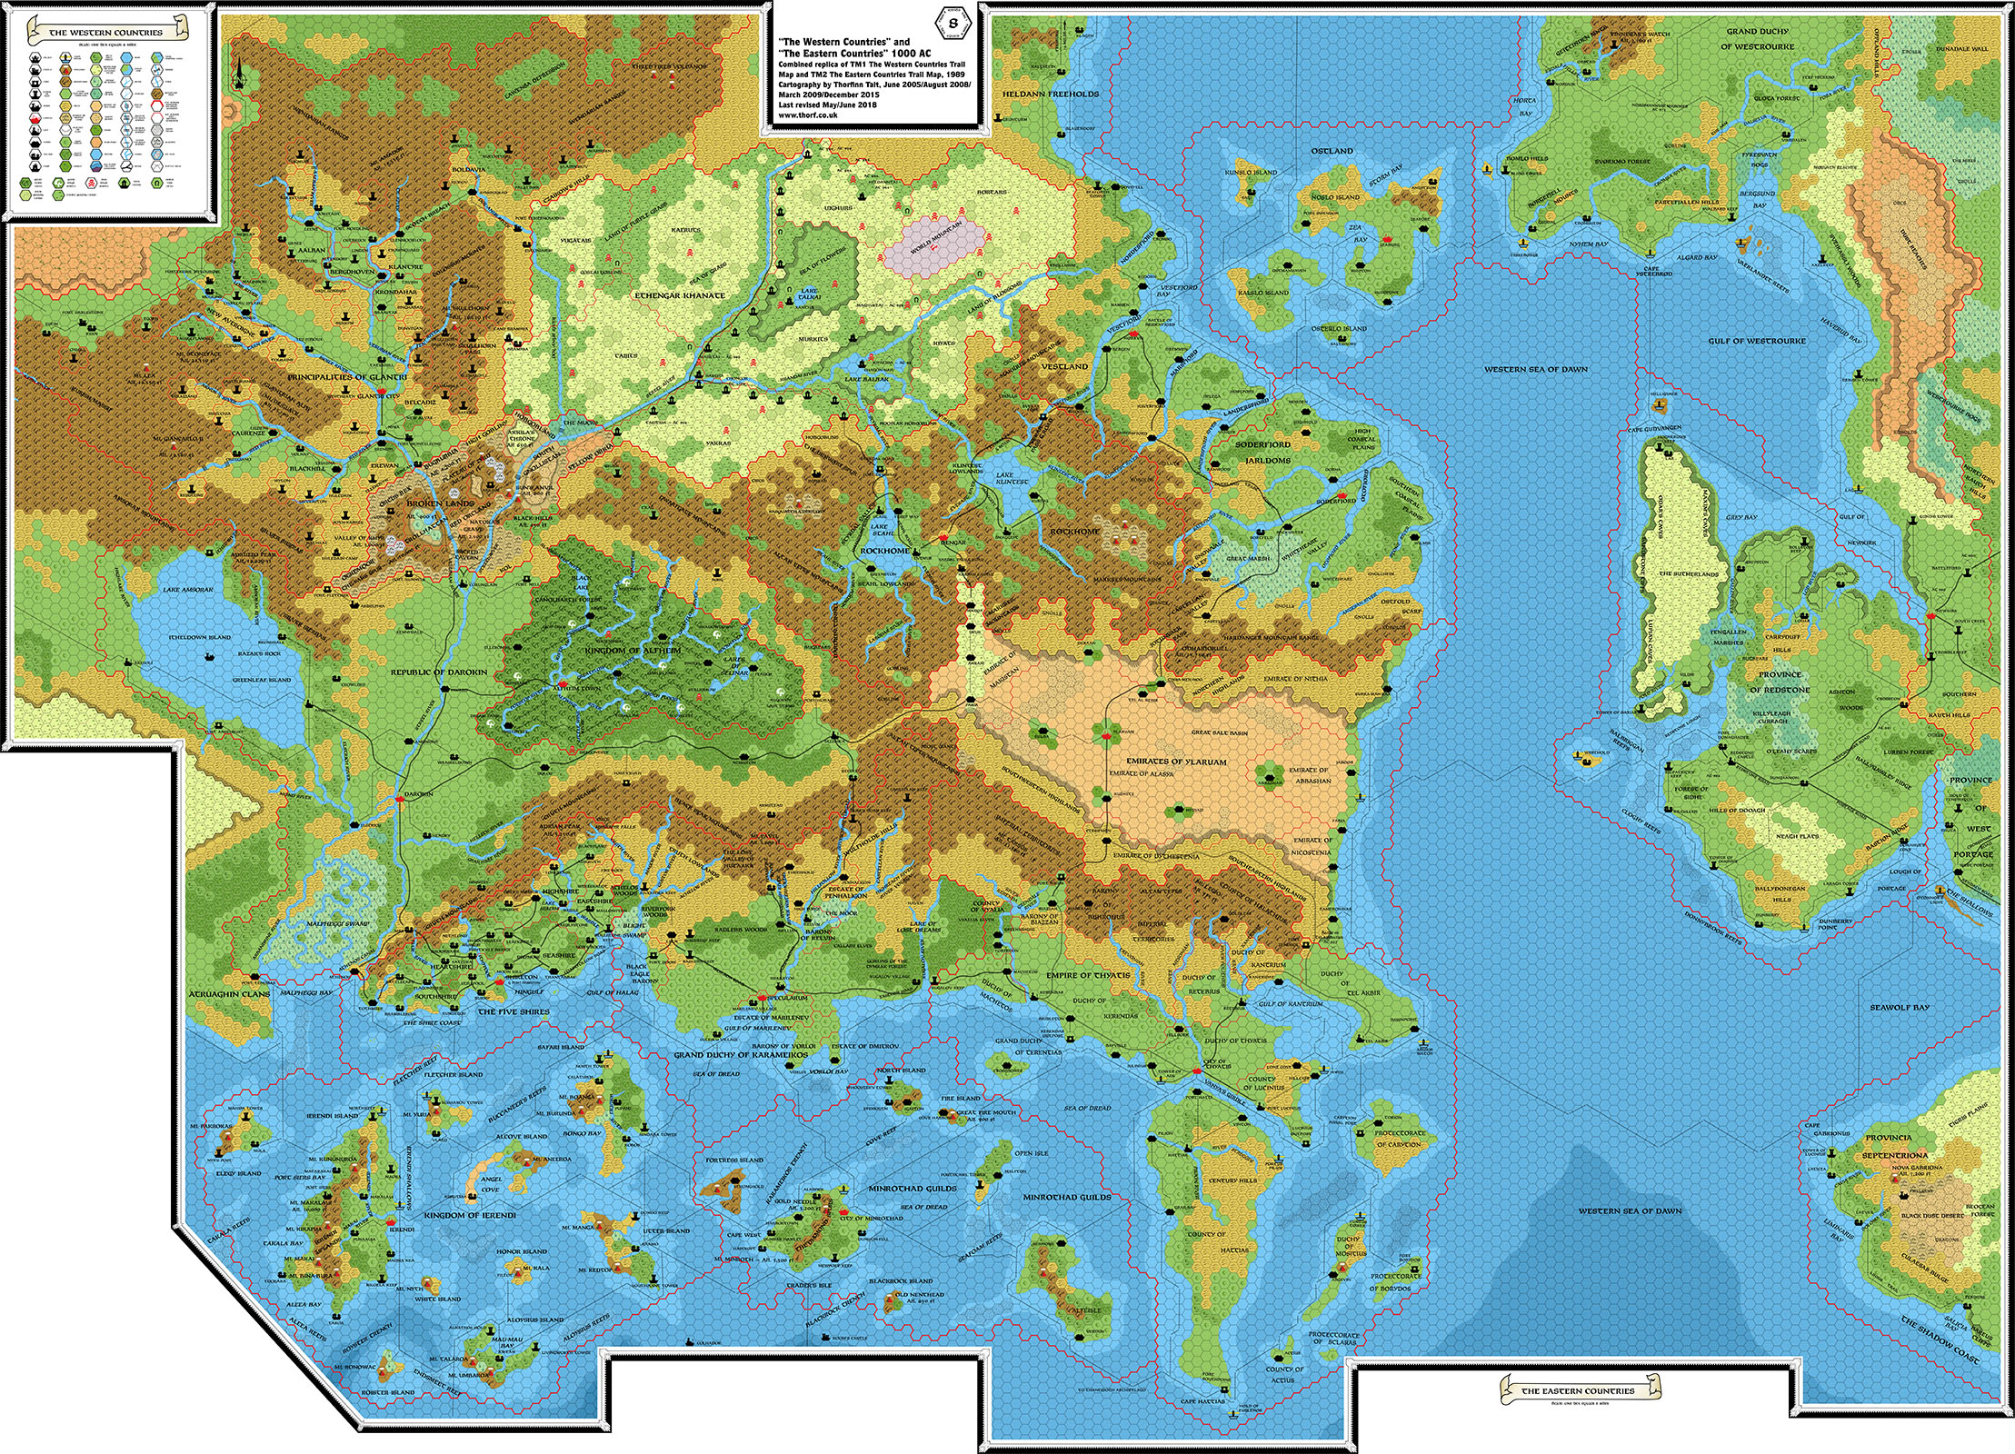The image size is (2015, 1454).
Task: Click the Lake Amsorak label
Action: click(188, 590)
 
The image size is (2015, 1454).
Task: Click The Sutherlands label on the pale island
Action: click(1688, 574)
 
